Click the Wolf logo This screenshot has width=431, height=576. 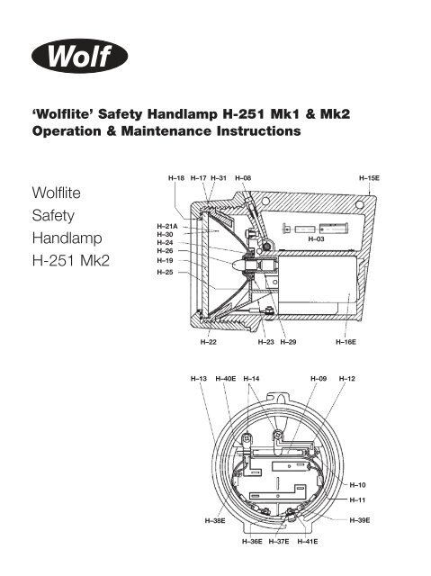80,56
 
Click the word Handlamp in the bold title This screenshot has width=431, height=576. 182,114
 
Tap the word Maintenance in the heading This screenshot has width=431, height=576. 166,131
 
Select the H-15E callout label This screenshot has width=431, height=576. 369,178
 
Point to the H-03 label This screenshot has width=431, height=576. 316,239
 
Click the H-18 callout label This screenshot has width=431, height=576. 176,178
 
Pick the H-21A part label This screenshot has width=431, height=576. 167,226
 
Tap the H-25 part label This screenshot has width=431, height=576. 165,272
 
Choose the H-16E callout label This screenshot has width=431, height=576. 346,342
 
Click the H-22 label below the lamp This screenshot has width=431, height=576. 208,342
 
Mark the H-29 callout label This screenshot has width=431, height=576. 288,342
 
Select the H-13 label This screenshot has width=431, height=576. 199,379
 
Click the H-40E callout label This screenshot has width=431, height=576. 226,379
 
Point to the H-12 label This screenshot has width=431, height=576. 347,379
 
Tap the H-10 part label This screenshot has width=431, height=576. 357,485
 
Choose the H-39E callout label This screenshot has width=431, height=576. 359,520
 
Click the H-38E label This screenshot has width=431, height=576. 215,521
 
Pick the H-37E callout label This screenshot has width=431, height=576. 279,542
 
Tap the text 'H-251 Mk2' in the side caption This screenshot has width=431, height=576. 71,261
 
